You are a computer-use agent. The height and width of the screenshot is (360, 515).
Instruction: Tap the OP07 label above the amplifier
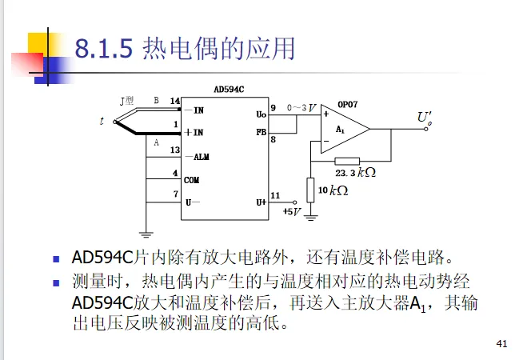[x=349, y=105]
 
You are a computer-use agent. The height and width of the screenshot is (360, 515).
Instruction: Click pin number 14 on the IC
[x=175, y=101]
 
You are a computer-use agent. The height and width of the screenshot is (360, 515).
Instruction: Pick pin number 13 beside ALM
[x=175, y=150]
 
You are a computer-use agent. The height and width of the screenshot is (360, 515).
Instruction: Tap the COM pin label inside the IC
[x=192, y=180]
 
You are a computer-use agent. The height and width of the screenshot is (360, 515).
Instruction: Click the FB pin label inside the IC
[x=261, y=131]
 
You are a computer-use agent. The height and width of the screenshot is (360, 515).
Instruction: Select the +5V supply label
[x=292, y=211]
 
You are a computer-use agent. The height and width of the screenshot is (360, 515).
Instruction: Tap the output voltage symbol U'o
[x=425, y=118]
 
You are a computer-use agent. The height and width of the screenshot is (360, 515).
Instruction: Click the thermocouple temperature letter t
[x=102, y=121]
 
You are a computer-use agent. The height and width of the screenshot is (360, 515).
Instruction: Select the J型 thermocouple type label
[x=127, y=101]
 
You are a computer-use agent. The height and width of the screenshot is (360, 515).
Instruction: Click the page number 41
[x=502, y=345]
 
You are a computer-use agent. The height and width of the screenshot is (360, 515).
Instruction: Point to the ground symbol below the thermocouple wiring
[x=146, y=234]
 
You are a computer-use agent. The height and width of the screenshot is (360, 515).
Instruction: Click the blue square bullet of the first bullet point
[x=56, y=259]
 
